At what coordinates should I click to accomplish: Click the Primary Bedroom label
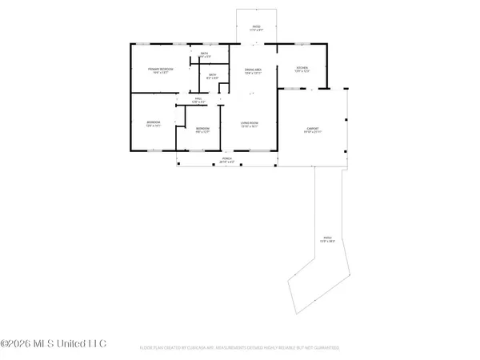coord(161,70)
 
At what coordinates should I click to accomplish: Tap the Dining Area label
coord(254,70)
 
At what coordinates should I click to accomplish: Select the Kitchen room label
coord(302,67)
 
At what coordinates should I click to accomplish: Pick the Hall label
coord(198,98)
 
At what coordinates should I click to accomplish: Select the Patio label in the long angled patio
coord(326,237)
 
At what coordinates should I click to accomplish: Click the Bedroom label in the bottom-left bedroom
coord(154,122)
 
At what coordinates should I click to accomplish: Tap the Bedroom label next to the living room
coord(202,128)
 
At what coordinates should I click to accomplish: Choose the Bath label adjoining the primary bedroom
coord(205,54)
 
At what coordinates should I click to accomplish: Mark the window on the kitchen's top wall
coord(302,43)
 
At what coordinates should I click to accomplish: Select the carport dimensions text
coord(312,131)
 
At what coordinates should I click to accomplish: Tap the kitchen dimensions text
coord(302,71)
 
